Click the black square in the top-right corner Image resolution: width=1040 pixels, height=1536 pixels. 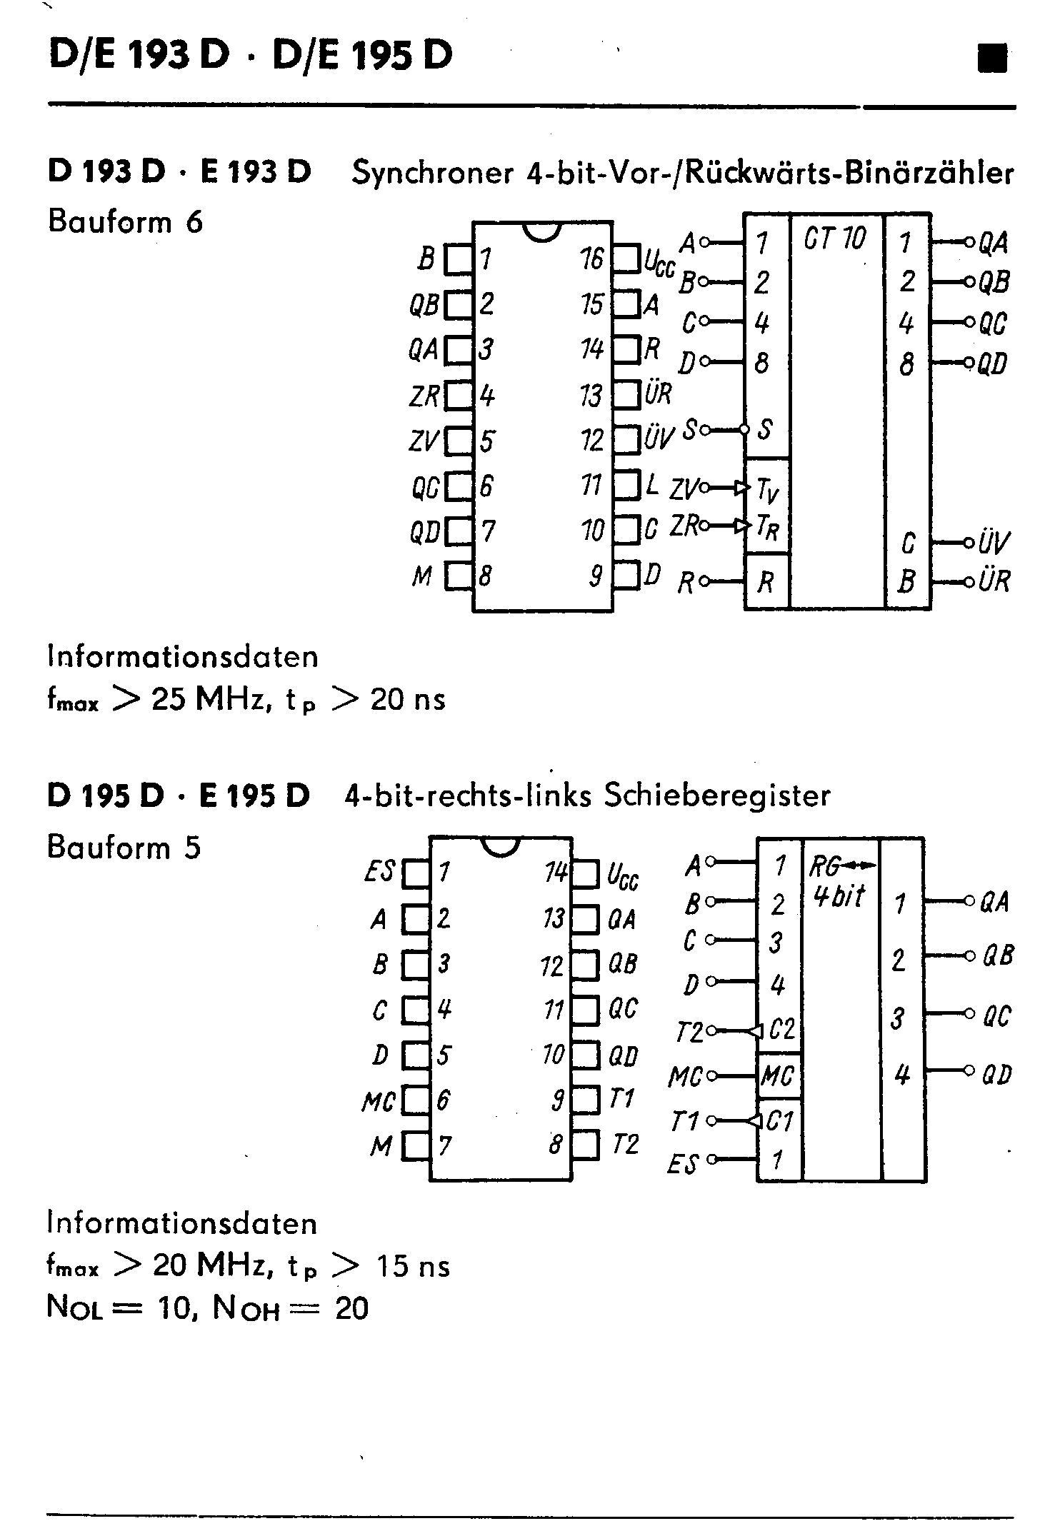pyautogui.click(x=992, y=58)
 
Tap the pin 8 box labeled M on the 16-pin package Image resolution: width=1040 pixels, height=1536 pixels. pyautogui.click(x=459, y=576)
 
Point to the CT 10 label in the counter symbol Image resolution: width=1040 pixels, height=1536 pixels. pyautogui.click(x=834, y=238)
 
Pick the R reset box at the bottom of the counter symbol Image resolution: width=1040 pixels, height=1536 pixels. pyautogui.click(x=766, y=582)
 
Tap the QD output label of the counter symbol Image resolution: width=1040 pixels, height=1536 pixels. pyautogui.click(x=992, y=364)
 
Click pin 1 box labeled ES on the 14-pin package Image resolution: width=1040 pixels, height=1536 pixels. pyautogui.click(x=416, y=873)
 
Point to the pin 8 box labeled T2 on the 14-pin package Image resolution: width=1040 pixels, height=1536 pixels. pyautogui.click(x=585, y=1145)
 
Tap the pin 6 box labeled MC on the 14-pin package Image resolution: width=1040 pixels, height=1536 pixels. pyautogui.click(x=416, y=1100)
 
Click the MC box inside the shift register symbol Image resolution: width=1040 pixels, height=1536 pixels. pyautogui.click(x=779, y=1075)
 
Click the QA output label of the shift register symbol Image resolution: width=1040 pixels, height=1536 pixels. pyautogui.click(x=994, y=902)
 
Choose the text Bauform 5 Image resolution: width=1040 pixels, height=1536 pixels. pyautogui.click(x=124, y=848)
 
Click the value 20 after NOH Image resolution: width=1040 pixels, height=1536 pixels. pyautogui.click(x=351, y=1308)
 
